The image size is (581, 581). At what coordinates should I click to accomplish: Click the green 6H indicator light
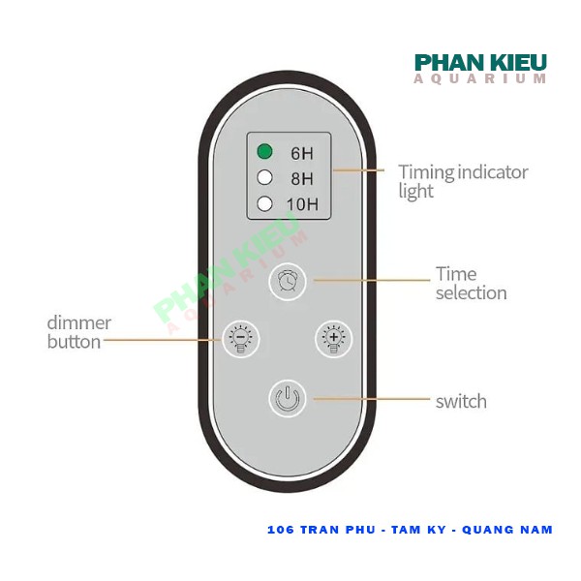[x=264, y=151]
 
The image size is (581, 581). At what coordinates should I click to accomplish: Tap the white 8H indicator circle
[x=264, y=177]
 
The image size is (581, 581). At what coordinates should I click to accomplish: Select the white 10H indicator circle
[x=264, y=203]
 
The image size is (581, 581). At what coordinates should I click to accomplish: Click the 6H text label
[x=301, y=152]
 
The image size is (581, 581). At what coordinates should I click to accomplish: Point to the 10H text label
[x=302, y=204]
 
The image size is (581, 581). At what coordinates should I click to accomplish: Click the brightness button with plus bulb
[x=335, y=339]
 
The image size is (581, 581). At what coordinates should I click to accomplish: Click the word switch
[x=461, y=401]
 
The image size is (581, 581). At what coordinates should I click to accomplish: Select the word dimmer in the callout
[x=79, y=322]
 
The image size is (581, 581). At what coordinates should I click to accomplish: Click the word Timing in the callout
[x=426, y=172]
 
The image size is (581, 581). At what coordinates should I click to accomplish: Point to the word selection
[x=471, y=292]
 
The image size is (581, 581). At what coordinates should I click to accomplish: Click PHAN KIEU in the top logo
[x=480, y=63]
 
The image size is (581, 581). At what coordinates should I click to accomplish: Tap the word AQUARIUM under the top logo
[x=480, y=79]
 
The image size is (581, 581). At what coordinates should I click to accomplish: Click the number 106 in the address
[x=281, y=530]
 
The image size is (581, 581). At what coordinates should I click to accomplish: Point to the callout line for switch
[x=368, y=399]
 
